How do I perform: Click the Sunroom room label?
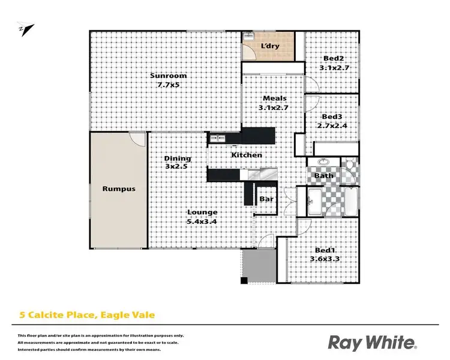(x=169, y=76)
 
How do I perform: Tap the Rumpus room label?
(x=118, y=189)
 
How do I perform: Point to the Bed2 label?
(x=333, y=58)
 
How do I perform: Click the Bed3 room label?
(x=331, y=116)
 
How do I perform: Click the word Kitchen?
(x=247, y=155)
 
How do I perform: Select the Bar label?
(x=266, y=199)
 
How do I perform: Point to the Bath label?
(x=325, y=176)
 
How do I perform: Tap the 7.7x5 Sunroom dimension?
(x=169, y=85)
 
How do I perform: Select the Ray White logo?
(x=371, y=343)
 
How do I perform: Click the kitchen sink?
(x=217, y=140)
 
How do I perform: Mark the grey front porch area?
(x=257, y=266)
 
